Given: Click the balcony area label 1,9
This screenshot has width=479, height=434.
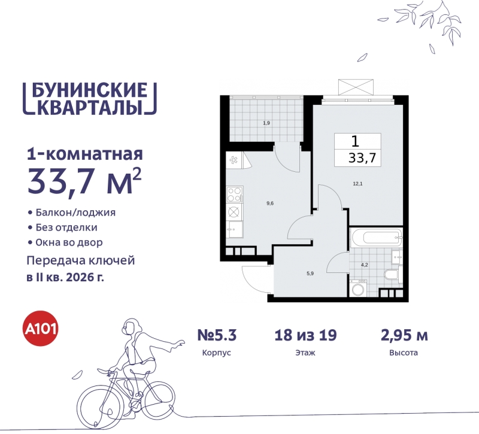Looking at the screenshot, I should [x=266, y=123].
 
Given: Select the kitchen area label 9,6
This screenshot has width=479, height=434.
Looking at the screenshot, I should [x=270, y=204].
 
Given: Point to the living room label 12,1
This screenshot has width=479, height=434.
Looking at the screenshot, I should [x=357, y=184].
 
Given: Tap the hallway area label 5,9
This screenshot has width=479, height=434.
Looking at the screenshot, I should [x=310, y=274].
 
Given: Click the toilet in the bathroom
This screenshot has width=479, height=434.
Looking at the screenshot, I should [x=390, y=276].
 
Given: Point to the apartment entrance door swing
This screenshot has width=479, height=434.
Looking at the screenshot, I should [x=255, y=278].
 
